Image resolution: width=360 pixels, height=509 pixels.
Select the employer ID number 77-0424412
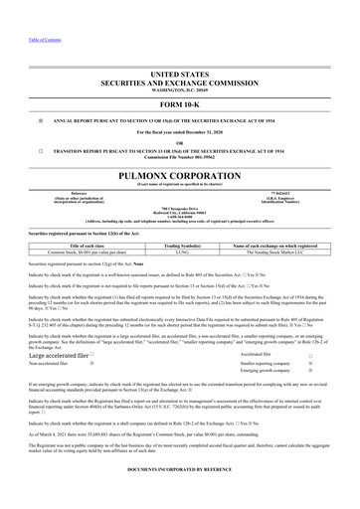coord(283,192)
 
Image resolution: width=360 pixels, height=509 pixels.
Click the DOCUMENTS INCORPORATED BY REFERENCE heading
coord(180,493)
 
